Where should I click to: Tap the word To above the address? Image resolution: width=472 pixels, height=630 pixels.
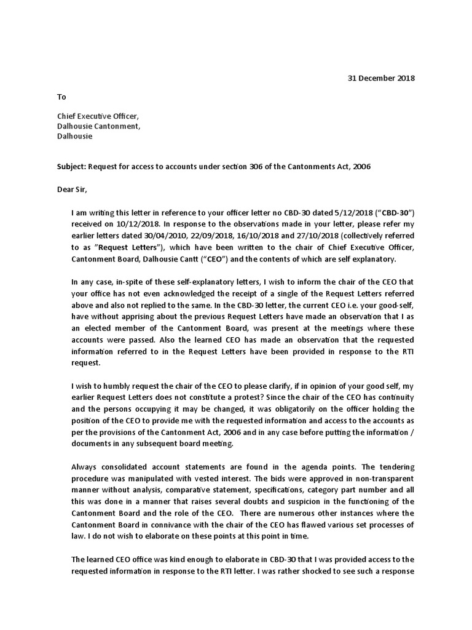(61, 97)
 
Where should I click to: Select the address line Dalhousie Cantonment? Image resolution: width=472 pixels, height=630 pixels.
(99, 126)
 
